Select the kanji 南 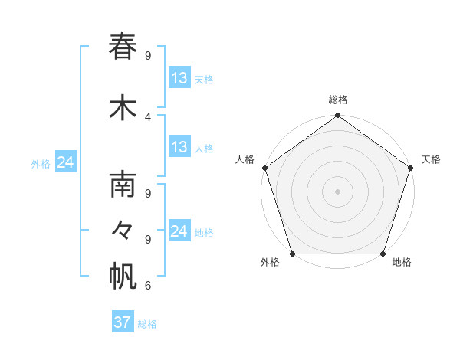coord(123,187)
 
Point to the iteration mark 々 coord(123,231)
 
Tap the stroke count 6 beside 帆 coord(148,286)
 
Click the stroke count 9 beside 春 coord(148,55)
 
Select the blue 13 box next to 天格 coord(179,78)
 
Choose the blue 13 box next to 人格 coord(179,147)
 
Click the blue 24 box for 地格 coord(179,231)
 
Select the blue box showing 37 coord(123,322)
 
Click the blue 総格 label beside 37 coord(148,324)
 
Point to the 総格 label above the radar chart coord(338,100)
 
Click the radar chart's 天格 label coord(431,159)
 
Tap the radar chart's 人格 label coord(245,159)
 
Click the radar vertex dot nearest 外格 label coord(292,254)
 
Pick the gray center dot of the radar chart coord(337,191)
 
